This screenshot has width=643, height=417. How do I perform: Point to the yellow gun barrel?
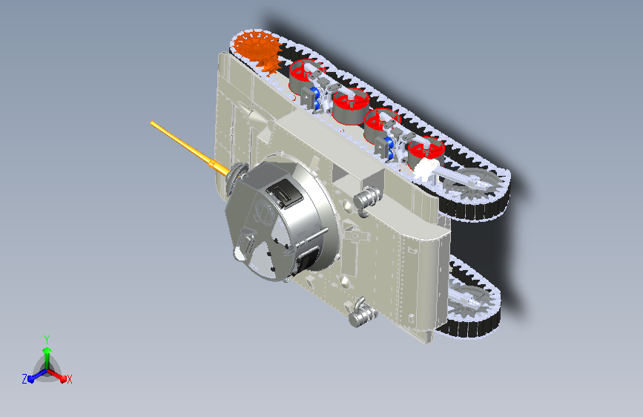(190, 148)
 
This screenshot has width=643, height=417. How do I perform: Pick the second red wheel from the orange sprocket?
(351, 105)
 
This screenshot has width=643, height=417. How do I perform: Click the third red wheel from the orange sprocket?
(382, 124)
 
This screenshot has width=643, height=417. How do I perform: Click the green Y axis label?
(47, 339)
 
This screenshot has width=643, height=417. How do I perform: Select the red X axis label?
(69, 380)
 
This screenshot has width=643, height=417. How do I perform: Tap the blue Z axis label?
(24, 379)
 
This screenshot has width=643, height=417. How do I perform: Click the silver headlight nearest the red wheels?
(366, 197)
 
